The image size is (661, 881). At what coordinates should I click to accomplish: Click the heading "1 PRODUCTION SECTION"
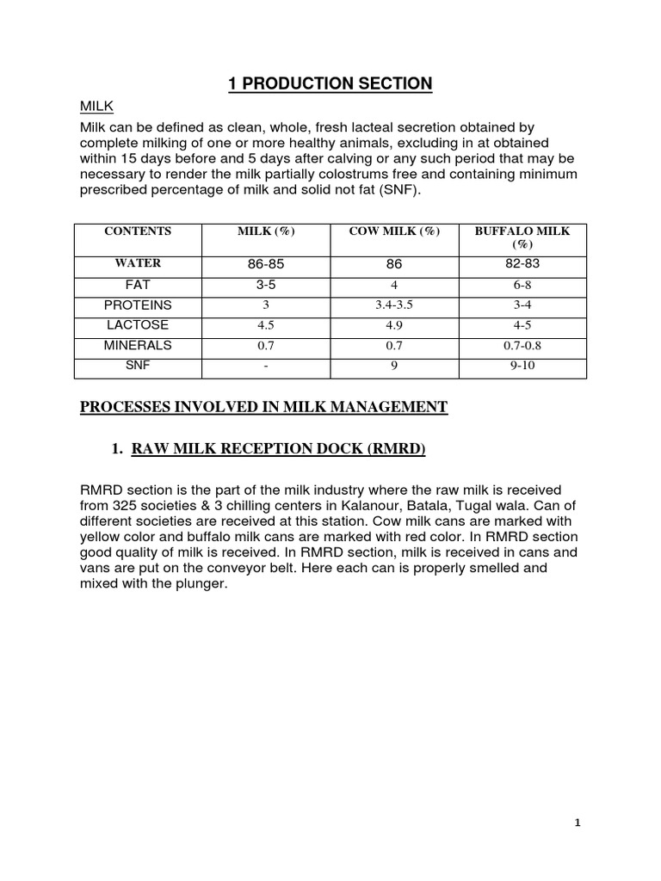coord(330,83)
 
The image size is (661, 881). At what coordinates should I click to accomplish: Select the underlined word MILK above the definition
coord(96,107)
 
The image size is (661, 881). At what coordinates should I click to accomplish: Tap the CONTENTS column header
coord(138,231)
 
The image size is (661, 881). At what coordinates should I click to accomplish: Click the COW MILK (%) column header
coord(394,231)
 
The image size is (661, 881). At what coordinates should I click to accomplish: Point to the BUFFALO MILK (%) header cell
coord(522,237)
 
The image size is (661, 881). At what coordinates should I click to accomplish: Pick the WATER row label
coord(138,263)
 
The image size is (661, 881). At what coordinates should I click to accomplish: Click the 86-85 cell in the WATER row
coord(265,265)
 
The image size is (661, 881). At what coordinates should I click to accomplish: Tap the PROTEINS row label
coord(138,305)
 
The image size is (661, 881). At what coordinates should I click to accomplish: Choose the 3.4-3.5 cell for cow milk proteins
coord(394,306)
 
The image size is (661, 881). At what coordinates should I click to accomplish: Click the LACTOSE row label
coord(138,325)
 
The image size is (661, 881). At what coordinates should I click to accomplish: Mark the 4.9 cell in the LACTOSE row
coord(394,326)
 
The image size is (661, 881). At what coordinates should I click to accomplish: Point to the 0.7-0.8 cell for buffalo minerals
coord(522,347)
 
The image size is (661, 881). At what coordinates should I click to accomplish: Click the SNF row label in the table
coord(138,366)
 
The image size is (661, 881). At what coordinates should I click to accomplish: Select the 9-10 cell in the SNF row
coord(522,367)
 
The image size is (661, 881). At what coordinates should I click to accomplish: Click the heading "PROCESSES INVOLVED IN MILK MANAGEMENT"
coord(263,407)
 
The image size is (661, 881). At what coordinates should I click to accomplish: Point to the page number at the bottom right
coord(578,823)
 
